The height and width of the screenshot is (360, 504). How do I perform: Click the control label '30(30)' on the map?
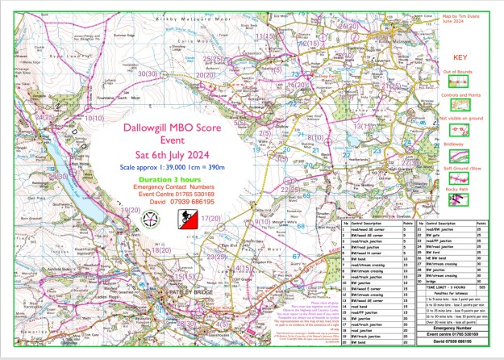(x=148, y=73)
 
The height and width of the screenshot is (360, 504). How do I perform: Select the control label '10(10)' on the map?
(x=93, y=118)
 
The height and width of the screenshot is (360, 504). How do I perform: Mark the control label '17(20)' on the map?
(x=211, y=219)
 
